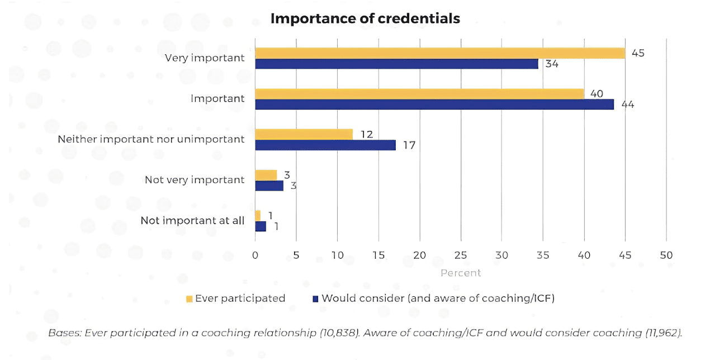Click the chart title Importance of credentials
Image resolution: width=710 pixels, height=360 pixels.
tap(365, 18)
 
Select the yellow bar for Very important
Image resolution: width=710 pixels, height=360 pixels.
tap(440, 53)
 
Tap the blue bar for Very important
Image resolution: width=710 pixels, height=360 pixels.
tap(396, 64)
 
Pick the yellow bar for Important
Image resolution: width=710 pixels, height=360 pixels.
tap(419, 94)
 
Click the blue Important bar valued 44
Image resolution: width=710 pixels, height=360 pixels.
tap(434, 105)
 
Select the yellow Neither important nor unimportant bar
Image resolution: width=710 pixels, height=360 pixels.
tap(304, 134)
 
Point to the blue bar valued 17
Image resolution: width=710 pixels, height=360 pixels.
tap(325, 145)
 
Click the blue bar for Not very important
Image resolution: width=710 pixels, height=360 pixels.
tap(269, 186)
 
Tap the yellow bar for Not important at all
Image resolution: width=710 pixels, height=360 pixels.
tap(258, 215)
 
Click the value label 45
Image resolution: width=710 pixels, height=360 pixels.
tap(638, 53)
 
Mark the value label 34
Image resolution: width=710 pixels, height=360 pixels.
tap(552, 64)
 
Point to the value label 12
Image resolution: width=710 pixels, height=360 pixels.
tap(366, 134)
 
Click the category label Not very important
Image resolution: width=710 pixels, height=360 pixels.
tap(195, 179)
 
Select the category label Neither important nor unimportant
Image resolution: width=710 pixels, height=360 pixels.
tap(151, 139)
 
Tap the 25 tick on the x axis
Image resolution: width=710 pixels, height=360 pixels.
tap(460, 255)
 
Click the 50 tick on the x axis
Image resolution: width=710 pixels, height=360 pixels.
tap(666, 255)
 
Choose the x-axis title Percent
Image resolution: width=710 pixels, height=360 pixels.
tap(460, 273)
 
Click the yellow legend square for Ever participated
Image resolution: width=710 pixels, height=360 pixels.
tap(189, 299)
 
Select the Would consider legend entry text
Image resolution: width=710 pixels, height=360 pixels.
tap(438, 298)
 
